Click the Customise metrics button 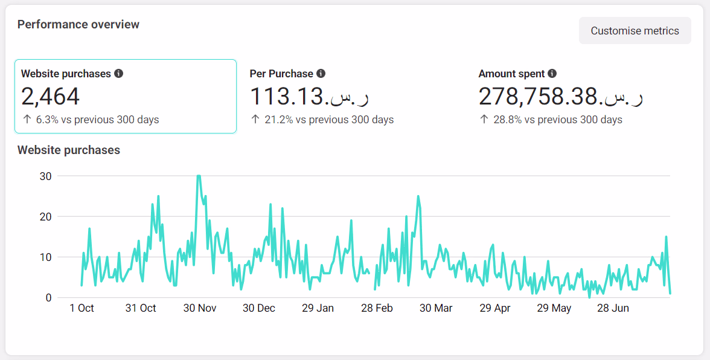635,31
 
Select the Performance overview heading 78,25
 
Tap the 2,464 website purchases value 51,97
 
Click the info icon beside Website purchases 119,74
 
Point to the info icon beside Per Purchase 321,74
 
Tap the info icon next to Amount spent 552,74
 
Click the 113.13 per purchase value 310,97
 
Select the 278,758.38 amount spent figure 561,97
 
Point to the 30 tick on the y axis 45,176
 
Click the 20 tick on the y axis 45,217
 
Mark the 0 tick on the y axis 48,298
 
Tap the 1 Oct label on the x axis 82,308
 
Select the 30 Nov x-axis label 199,308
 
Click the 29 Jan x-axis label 318,308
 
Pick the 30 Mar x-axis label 436,308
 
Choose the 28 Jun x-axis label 613,308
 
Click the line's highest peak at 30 199,176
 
